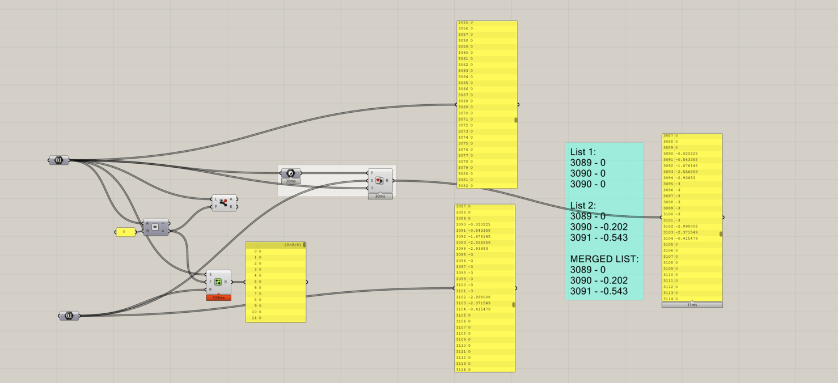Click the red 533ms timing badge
click(218, 297)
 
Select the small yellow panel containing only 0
click(125, 232)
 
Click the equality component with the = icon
click(155, 227)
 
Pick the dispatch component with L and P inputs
click(224, 203)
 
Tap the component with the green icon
click(218, 282)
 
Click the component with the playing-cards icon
click(379, 181)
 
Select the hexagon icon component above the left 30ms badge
click(291, 173)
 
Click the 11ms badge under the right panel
click(692, 305)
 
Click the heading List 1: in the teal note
click(583, 152)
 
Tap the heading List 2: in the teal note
click(583, 205)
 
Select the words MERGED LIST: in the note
click(604, 259)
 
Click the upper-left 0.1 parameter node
click(58, 160)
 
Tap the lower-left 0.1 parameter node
click(69, 316)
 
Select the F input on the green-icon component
click(211, 282)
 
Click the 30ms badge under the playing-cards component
click(380, 196)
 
